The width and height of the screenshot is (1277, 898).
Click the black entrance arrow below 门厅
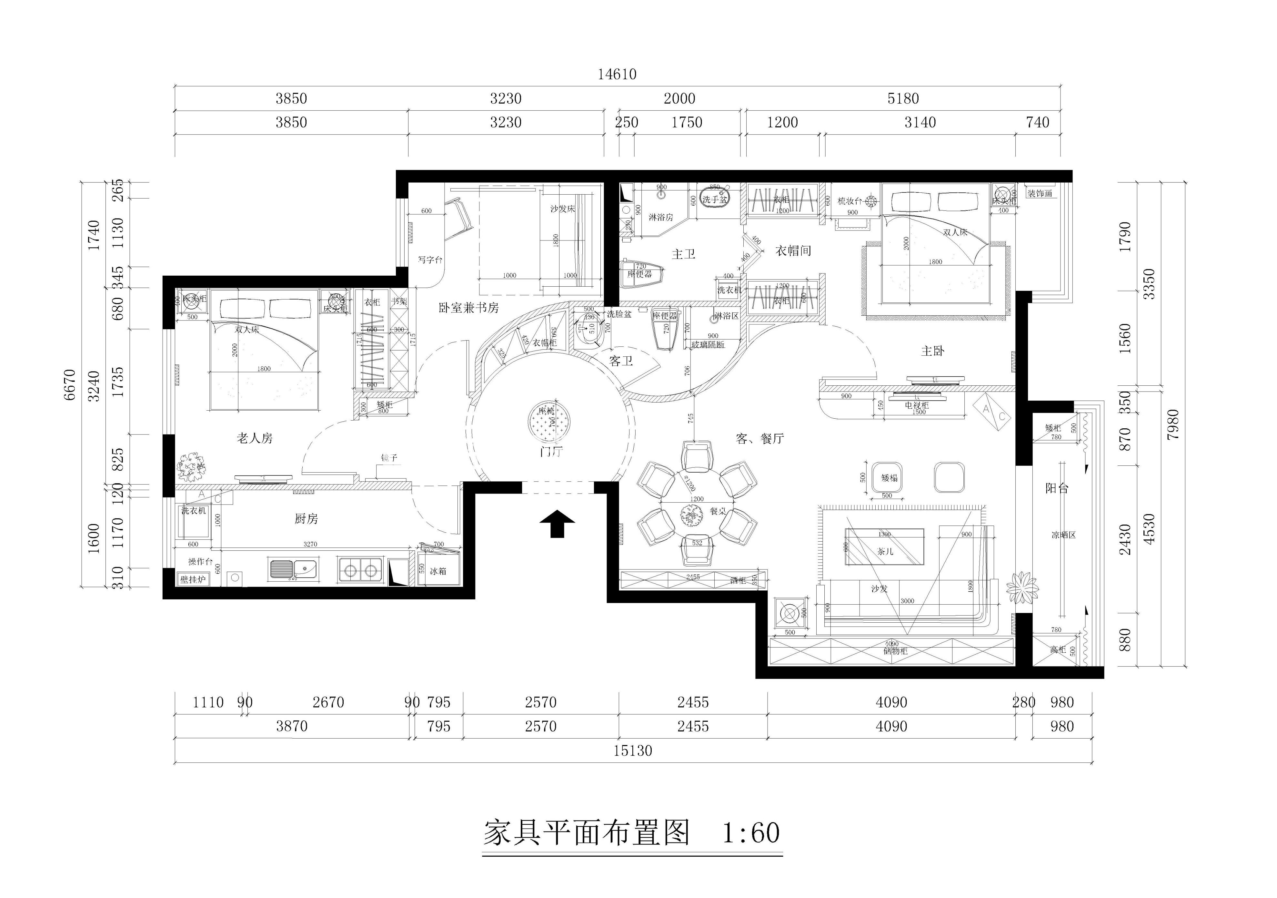tap(557, 524)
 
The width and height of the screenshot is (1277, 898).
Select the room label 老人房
tap(255, 438)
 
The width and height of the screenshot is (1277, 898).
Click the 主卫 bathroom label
tap(684, 254)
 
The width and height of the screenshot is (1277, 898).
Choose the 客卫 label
tap(621, 361)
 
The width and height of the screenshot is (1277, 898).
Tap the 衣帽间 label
tap(793, 251)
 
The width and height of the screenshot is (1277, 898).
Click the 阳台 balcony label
tap(1056, 488)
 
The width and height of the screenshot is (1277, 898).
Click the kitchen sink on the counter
tap(293, 569)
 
